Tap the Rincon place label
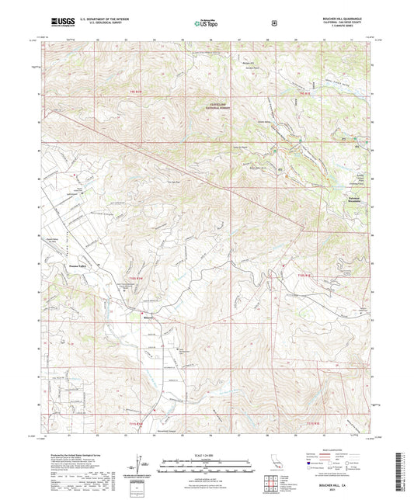coord(148,316)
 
